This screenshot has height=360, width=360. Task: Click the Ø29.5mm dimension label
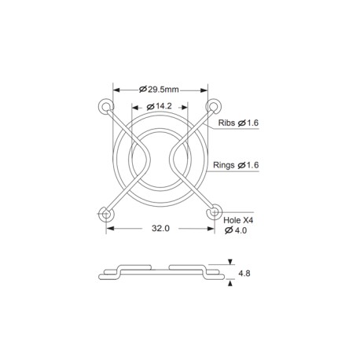(159, 90)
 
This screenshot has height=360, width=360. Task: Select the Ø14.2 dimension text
(160, 106)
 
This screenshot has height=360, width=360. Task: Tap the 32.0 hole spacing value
(160, 228)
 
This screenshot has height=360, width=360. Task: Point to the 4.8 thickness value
(244, 274)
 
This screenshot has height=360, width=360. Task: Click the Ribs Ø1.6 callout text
(238, 123)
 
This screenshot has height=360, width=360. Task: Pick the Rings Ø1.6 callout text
(236, 165)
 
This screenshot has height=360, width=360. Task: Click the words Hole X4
(238, 220)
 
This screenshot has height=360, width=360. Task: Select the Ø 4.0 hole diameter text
(236, 230)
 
